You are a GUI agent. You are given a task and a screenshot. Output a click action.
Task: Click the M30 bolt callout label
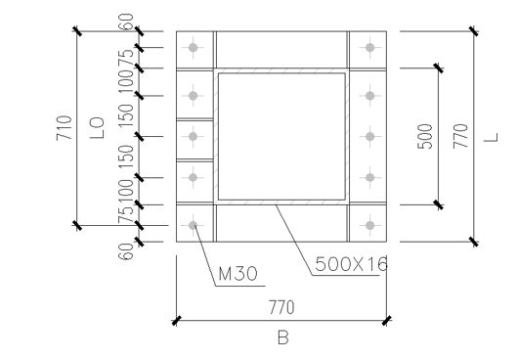pos(237,274)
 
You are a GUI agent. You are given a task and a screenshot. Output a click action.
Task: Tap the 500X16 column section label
pos(351,264)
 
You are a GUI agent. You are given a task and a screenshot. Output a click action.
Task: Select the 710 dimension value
pos(65,128)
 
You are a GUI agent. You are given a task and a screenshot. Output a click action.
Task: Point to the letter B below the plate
pos(283,337)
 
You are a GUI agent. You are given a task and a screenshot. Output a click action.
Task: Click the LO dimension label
pos(97,128)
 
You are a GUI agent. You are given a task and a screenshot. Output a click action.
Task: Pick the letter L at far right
pos(491,137)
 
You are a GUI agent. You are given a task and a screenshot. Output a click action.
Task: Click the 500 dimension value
pos(425,137)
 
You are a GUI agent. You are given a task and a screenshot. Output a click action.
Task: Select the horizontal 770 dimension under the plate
pos(281,307)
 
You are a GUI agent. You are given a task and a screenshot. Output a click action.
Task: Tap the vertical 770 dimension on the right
pos(460,136)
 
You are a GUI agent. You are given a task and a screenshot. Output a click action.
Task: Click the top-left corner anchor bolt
pos(194,48)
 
